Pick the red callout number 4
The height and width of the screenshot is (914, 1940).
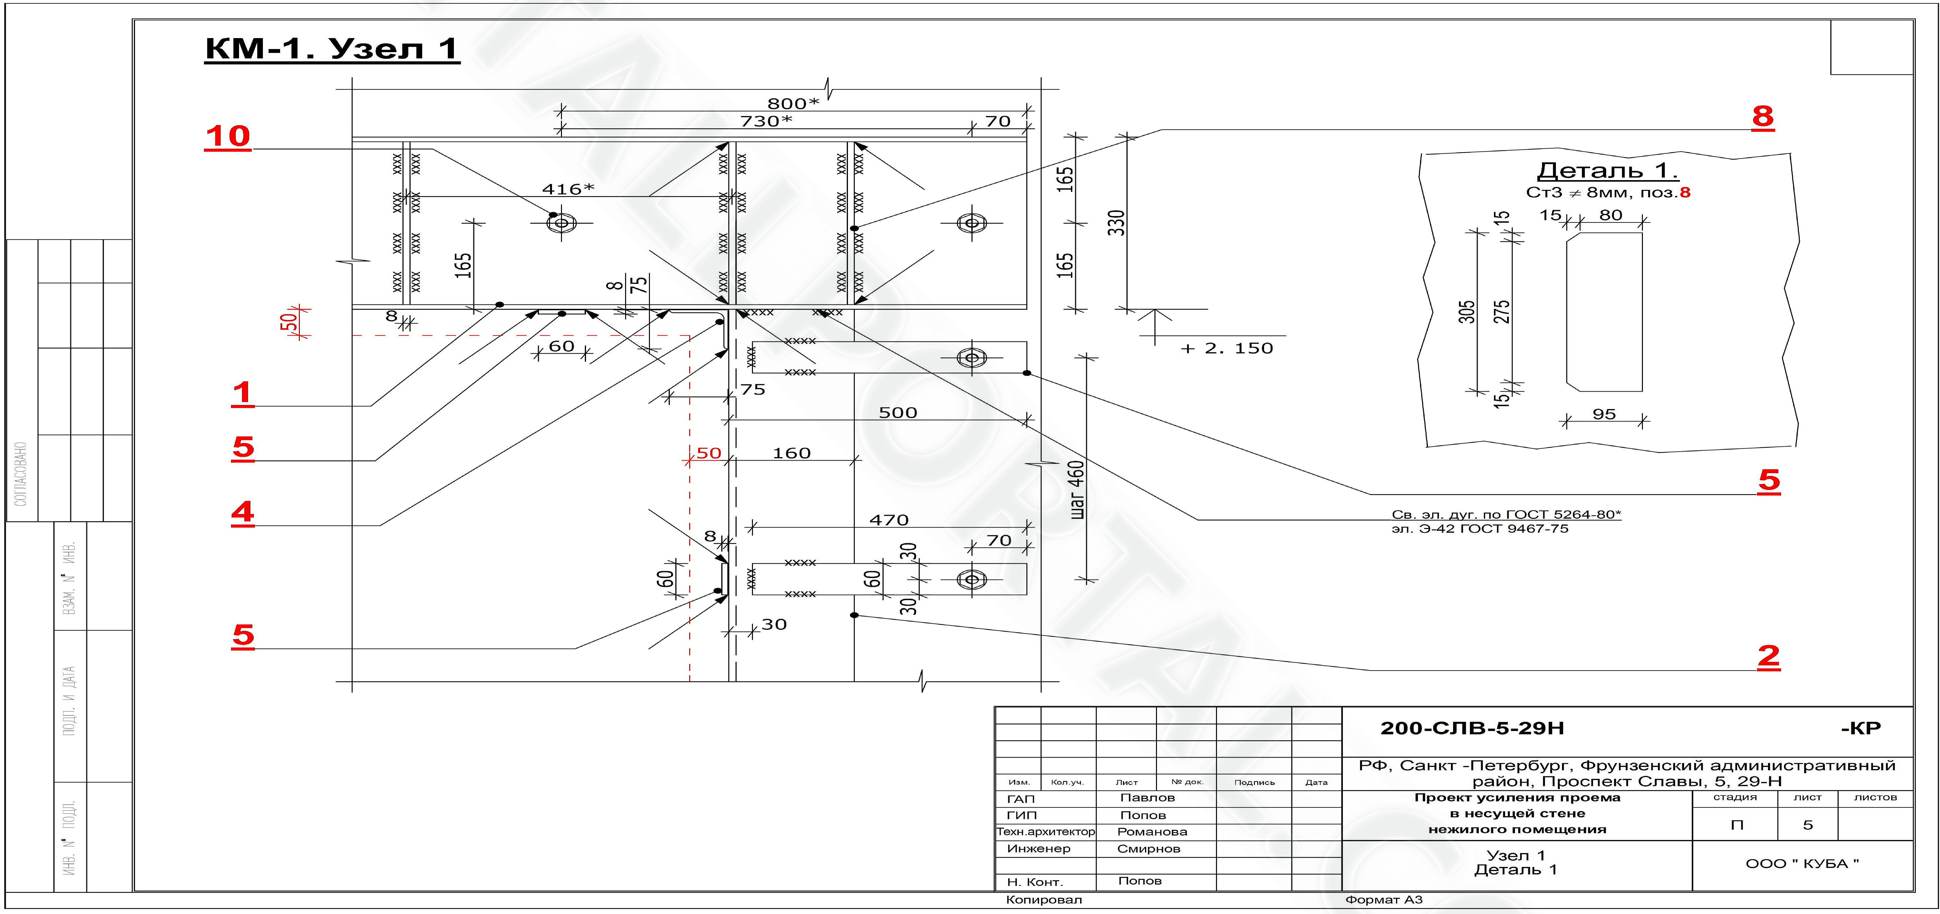point(243,513)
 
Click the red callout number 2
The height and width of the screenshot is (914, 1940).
point(1769,656)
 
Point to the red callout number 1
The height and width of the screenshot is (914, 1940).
point(243,393)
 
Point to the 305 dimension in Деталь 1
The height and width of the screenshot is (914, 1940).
point(1466,312)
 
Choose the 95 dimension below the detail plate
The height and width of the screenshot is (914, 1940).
point(1604,414)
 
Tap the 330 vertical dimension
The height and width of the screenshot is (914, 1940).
point(1116,223)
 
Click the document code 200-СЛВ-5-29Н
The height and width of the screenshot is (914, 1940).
point(1472,728)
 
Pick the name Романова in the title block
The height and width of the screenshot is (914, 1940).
point(1152,832)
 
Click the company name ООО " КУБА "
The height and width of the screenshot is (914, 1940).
point(1802,864)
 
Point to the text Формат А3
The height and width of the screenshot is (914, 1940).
point(1384,900)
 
